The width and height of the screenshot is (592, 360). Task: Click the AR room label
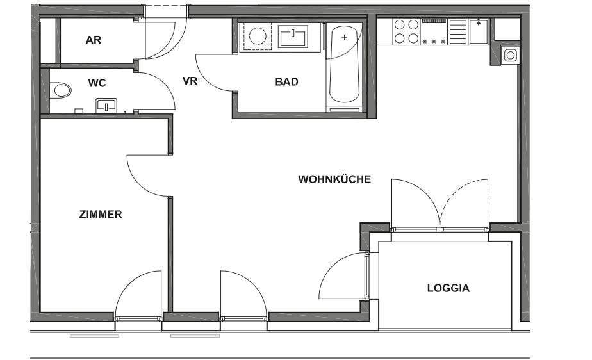94,40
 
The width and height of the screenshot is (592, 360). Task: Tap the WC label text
97,83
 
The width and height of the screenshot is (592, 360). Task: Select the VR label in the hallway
190,81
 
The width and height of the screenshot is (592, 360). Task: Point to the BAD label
286,82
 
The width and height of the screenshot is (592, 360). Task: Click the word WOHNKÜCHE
334,179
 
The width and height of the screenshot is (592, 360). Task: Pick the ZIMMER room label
101,215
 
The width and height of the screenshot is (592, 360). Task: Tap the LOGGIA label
448,288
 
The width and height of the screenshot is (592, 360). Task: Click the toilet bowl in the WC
61,90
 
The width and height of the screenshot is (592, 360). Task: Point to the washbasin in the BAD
293,37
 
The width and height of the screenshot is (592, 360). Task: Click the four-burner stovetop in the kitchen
406,31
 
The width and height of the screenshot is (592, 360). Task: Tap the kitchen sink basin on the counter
478,31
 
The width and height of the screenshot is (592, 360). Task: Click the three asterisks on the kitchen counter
433,41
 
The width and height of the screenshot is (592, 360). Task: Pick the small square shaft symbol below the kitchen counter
510,55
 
